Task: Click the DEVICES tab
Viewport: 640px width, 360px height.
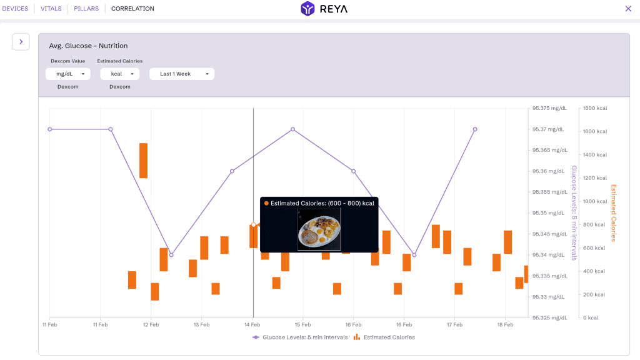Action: point(15,9)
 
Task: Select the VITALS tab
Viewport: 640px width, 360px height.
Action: point(51,9)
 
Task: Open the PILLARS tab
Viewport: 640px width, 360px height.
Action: point(86,9)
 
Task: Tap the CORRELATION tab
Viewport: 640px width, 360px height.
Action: point(132,9)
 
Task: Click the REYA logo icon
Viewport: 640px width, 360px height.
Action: point(307,9)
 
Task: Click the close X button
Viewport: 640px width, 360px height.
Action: point(628,9)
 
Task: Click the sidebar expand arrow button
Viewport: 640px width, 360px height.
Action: point(21,42)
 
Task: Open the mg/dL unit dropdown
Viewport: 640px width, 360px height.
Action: point(68,74)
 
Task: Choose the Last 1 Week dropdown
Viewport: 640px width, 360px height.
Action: point(181,74)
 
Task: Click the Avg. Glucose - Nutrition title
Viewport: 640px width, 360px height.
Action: point(88,46)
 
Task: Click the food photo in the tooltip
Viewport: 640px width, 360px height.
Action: point(319,229)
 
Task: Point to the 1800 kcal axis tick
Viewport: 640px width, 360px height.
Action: point(595,108)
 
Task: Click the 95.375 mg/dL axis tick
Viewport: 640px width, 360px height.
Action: point(549,108)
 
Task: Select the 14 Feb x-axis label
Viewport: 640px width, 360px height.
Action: point(252,325)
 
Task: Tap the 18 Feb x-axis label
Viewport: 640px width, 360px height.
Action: point(505,325)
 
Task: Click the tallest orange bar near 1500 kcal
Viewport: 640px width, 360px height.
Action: point(143,161)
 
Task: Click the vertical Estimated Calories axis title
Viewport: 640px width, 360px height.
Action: point(613,212)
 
